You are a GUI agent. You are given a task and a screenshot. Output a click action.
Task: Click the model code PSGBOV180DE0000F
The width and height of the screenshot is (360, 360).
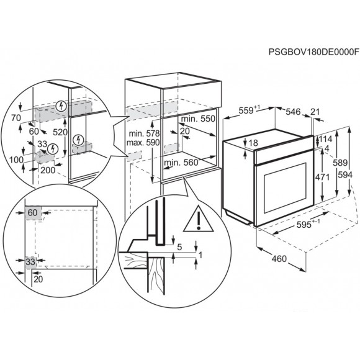313,52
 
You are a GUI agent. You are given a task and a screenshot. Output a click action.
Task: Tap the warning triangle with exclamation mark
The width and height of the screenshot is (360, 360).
199,219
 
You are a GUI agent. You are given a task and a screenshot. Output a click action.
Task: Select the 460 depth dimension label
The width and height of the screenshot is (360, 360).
279,259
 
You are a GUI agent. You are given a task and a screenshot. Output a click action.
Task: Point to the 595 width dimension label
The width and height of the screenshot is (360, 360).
304,225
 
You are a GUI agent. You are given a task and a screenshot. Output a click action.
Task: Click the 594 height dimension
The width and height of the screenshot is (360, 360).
345,175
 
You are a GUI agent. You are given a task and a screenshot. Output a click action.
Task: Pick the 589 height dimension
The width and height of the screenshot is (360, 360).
340,163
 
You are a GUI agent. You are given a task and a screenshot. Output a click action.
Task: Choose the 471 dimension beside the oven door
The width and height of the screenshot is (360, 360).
322,178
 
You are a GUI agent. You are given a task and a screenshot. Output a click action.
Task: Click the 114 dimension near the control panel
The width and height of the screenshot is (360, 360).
325,139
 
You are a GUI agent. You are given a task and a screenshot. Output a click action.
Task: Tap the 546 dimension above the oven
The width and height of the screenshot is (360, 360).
293,112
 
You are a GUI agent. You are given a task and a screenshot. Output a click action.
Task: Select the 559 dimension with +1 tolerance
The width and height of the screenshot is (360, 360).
250,110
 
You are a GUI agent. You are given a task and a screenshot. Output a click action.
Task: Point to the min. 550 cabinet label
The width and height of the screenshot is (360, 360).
198,119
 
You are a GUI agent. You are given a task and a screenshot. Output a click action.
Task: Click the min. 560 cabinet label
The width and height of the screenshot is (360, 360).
181,163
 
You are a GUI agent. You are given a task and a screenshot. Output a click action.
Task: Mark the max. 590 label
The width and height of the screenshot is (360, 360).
143,143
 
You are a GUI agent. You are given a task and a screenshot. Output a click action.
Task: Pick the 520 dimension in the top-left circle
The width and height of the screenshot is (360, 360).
60,132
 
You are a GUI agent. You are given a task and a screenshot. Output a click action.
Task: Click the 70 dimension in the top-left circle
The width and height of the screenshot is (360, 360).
16,118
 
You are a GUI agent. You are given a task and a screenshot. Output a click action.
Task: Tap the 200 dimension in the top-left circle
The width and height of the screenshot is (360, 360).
48,170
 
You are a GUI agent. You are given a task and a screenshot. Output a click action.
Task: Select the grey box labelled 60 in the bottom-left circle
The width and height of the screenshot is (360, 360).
33,214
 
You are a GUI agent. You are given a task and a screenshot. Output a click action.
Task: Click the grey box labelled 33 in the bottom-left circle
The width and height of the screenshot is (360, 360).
31,262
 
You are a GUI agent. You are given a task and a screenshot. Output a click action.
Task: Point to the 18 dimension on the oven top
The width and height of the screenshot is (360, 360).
253,143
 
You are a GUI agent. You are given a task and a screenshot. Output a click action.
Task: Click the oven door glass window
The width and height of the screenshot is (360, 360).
285,187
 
